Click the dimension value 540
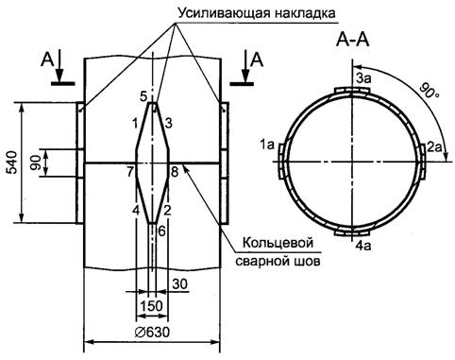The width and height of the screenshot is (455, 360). click(x=13, y=163)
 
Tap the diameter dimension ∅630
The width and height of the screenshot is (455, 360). click(x=152, y=332)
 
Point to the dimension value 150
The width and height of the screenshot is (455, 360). click(x=152, y=306)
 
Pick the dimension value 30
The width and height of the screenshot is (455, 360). click(x=180, y=284)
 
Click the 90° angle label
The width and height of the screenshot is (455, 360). click(x=429, y=91)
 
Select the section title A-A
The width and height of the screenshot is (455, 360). click(x=352, y=41)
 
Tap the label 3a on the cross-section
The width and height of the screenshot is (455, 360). click(x=363, y=78)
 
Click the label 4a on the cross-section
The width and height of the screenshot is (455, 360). click(x=363, y=245)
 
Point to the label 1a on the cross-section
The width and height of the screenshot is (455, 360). click(x=267, y=145)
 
